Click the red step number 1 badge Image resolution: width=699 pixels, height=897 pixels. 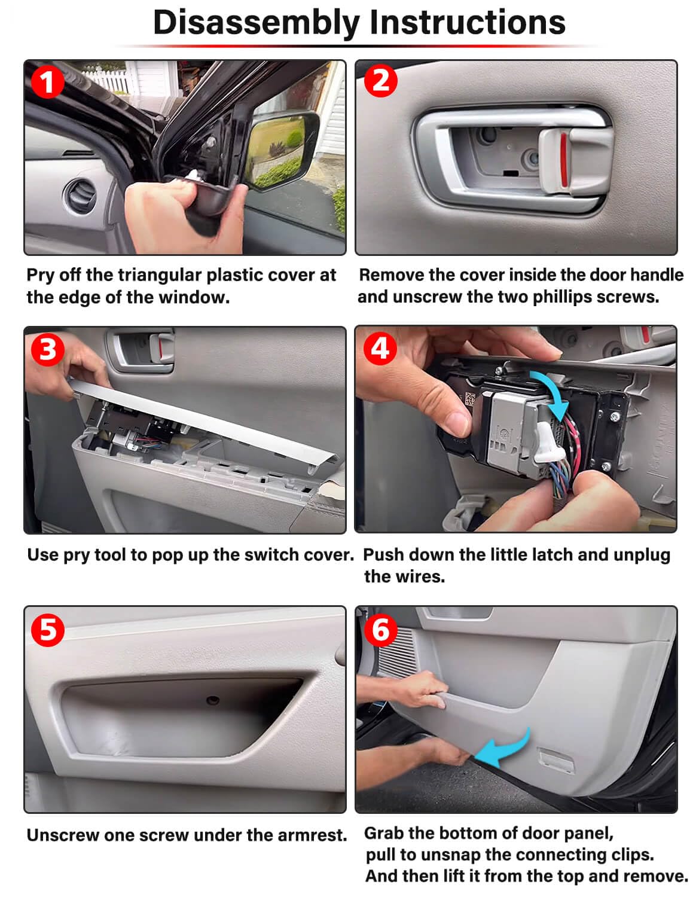47,82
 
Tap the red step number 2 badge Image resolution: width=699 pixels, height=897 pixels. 380,81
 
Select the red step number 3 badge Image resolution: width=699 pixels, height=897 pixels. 47,349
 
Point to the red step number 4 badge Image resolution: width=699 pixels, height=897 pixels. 380,348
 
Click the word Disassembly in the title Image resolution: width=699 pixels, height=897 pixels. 256,23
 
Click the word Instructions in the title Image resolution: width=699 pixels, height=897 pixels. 467,23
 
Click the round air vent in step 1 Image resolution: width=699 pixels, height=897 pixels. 79,196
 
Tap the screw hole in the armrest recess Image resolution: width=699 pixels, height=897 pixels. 212,700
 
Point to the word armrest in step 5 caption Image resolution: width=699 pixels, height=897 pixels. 315,835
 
